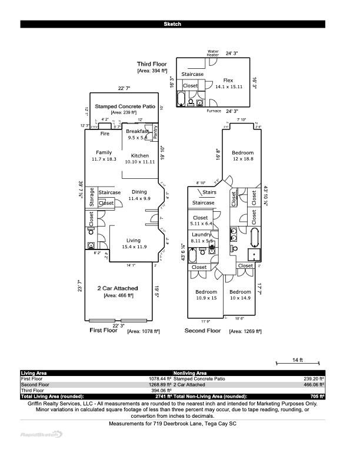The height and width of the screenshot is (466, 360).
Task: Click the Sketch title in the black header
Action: tap(172, 24)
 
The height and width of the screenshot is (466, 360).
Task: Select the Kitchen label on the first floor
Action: tap(140, 156)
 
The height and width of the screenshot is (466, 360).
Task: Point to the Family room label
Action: tap(104, 152)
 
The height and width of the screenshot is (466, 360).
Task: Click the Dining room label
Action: tap(139, 192)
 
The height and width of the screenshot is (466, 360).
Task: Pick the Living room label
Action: tap(134, 240)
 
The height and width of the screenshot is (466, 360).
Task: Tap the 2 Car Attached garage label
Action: tap(118, 288)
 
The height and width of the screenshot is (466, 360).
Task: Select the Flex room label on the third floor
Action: tap(228, 80)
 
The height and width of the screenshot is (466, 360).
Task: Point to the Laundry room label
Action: tap(201, 235)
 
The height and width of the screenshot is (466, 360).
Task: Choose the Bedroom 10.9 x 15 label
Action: tap(206, 292)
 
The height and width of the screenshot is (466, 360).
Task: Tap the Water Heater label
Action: tap(213, 53)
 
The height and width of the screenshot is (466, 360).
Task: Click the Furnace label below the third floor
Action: tap(214, 111)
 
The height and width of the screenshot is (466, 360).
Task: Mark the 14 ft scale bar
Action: tap(297, 363)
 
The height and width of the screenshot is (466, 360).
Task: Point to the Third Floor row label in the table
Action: tap(32, 390)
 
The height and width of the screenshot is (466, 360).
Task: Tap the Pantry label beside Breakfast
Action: tap(155, 133)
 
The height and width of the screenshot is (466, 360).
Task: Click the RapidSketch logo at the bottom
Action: tap(41, 434)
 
